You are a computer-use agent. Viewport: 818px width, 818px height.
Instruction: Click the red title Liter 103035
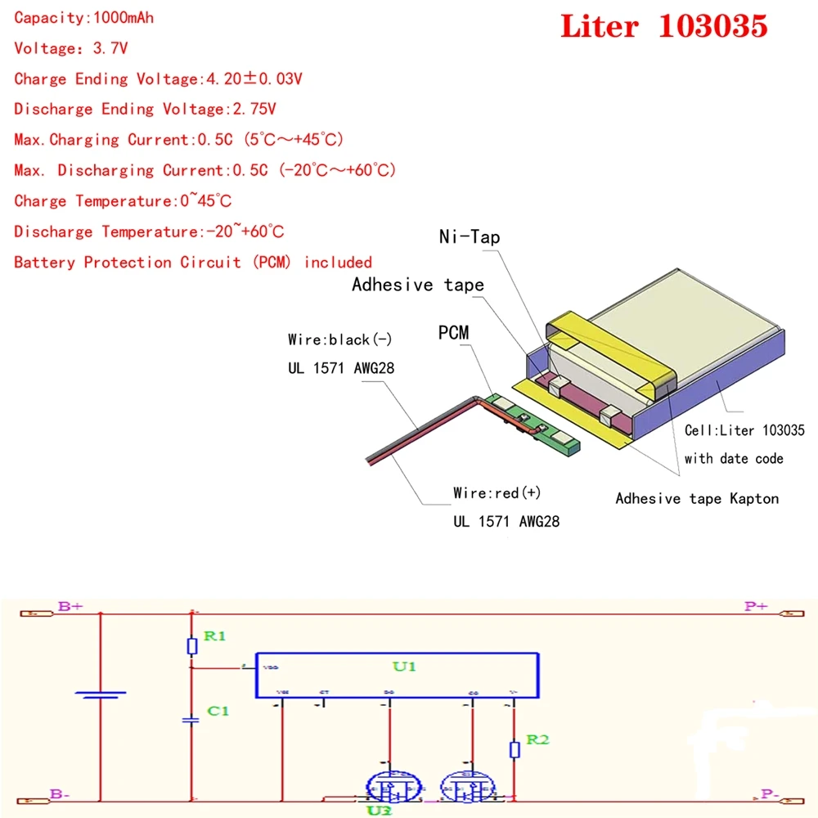pos(663,27)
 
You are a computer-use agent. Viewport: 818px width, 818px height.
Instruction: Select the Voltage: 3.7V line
pos(71,48)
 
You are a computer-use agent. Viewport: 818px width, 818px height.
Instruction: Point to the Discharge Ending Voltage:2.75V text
pos(145,110)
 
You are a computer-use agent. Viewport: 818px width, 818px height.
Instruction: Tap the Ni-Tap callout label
pos(469,237)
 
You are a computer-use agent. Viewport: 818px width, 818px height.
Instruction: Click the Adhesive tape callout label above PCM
pos(417,285)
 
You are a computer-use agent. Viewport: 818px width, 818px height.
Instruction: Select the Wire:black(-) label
pos(340,339)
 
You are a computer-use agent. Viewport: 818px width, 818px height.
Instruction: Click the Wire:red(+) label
pos(497,493)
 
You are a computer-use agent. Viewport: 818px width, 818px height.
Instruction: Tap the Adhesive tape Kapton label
pos(697,498)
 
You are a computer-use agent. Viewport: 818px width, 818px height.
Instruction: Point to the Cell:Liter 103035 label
pos(744,430)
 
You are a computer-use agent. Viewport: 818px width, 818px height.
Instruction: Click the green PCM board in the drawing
pos(532,423)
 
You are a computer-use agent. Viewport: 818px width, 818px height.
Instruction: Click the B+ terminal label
pos(70,607)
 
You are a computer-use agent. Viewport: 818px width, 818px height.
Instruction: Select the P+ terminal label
pos(755,607)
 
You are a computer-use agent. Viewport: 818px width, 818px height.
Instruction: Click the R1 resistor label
pos(214,636)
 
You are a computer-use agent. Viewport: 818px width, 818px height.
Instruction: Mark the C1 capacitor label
pos(218,711)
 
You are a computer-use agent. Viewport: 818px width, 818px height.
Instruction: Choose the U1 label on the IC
pos(405,667)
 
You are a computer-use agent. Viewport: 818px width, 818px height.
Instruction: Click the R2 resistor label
pos(537,739)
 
